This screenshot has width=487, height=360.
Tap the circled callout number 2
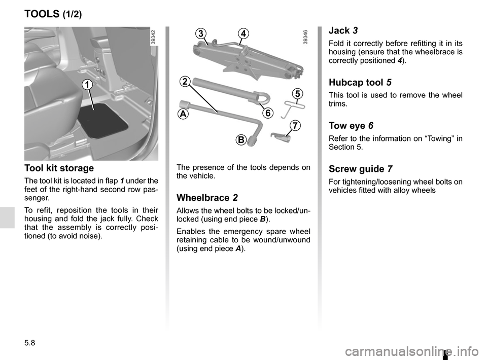(185, 82)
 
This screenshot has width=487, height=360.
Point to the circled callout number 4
(244, 33)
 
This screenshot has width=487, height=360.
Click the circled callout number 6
(268, 113)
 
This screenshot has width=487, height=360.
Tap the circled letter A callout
(183, 114)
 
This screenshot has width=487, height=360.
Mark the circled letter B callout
(240, 139)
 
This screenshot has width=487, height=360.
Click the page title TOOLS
(42, 14)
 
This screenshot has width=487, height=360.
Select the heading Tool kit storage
(59, 168)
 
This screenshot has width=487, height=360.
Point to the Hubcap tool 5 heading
(361, 82)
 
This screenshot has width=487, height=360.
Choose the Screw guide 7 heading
(361, 169)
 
